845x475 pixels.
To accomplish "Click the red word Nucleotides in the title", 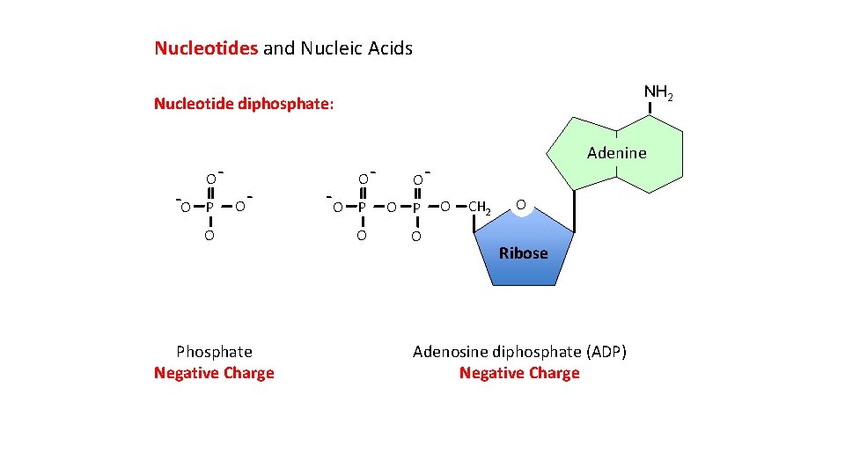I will pyautogui.click(x=206, y=48).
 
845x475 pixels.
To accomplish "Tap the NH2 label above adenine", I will pyautogui.click(x=658, y=92).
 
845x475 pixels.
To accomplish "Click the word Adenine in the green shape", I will pyautogui.click(x=616, y=153).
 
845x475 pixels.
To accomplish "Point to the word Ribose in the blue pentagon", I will pyautogui.click(x=523, y=253).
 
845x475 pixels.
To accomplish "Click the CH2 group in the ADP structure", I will pyautogui.click(x=480, y=208).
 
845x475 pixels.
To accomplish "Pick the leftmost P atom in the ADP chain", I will pyautogui.click(x=362, y=208).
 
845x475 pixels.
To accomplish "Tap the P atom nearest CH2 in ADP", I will pyautogui.click(x=416, y=208).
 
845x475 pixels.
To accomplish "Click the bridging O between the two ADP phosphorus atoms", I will pyautogui.click(x=389, y=208).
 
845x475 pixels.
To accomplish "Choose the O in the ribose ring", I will pyautogui.click(x=521, y=205).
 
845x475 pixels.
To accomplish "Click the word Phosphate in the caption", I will pyautogui.click(x=214, y=352).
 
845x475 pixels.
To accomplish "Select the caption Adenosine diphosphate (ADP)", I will pyautogui.click(x=519, y=352).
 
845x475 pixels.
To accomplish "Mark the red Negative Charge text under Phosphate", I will pyautogui.click(x=214, y=373).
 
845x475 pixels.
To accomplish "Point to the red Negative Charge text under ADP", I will pyautogui.click(x=519, y=373).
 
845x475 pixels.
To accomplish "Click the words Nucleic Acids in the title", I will pyautogui.click(x=356, y=48).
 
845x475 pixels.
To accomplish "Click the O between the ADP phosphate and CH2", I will pyautogui.click(x=445, y=208).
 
